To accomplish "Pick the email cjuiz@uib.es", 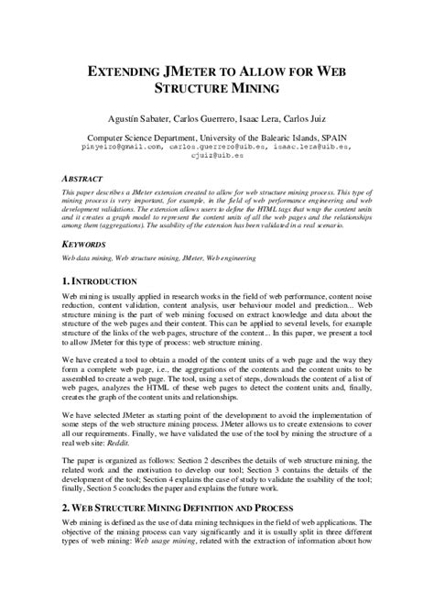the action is pyautogui.click(x=216, y=154).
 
